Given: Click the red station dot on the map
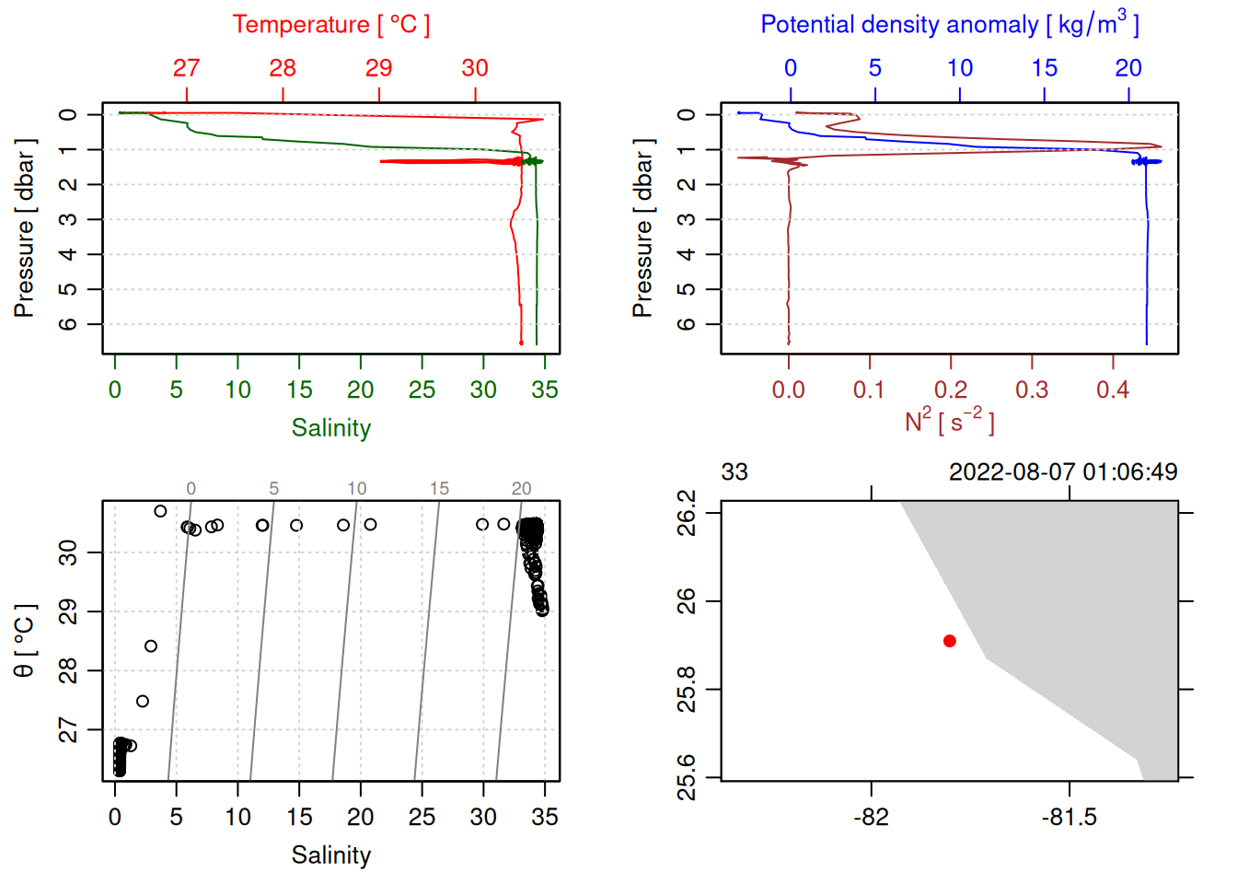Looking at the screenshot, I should point(950,641).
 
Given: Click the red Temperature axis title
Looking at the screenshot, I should point(330,25).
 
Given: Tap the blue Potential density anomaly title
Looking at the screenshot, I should point(949,24).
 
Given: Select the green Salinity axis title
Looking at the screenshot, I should point(330,428).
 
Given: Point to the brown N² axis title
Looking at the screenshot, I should point(949,421).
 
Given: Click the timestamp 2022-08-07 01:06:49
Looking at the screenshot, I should point(1063,472).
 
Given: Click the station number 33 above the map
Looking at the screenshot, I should point(734,472).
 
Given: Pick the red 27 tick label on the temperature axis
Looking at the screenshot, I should point(186,68).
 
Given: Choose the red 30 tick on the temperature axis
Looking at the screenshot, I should point(475,68).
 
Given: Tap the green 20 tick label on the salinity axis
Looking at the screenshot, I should point(360,390).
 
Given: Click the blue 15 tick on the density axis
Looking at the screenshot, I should point(1044,68).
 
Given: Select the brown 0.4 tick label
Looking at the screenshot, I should point(1113,390).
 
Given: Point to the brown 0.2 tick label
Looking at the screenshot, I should point(951,390).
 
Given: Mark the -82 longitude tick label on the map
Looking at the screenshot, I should point(871,817).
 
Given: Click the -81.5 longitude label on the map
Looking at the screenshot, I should point(1069,817).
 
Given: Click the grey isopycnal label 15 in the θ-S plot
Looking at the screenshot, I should point(439,489).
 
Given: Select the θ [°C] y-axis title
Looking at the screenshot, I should point(25,641).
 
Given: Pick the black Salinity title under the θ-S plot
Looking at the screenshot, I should point(330,855).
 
